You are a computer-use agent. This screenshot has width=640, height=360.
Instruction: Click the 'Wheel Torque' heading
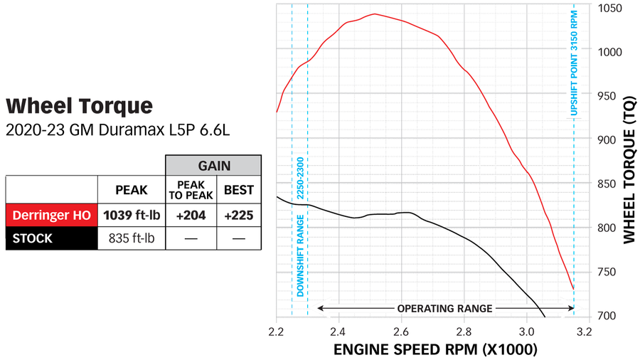pyautogui.click(x=79, y=107)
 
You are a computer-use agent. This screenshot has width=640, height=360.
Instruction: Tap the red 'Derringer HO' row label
pyautogui.click(x=51, y=214)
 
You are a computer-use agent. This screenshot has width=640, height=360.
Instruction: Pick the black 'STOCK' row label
pyautogui.click(x=33, y=238)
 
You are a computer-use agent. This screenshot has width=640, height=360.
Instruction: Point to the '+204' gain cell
pyautogui.click(x=189, y=214)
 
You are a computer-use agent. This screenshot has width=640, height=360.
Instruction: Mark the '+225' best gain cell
pyautogui.click(x=238, y=214)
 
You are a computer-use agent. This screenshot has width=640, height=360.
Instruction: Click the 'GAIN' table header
pyautogui.click(x=214, y=165)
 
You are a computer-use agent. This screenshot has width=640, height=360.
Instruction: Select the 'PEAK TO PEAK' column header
pyautogui.click(x=189, y=190)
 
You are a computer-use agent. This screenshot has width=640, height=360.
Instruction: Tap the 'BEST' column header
pyautogui.click(x=238, y=190)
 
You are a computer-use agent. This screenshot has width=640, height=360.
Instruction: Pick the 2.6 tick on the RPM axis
pyautogui.click(x=401, y=332)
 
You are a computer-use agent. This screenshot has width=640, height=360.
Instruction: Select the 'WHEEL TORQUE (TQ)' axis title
pyautogui.click(x=629, y=171)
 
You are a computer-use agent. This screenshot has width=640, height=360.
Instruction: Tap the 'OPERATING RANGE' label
pyautogui.click(x=444, y=308)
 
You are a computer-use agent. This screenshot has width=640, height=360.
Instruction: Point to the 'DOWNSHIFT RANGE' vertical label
pyautogui.click(x=300, y=264)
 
